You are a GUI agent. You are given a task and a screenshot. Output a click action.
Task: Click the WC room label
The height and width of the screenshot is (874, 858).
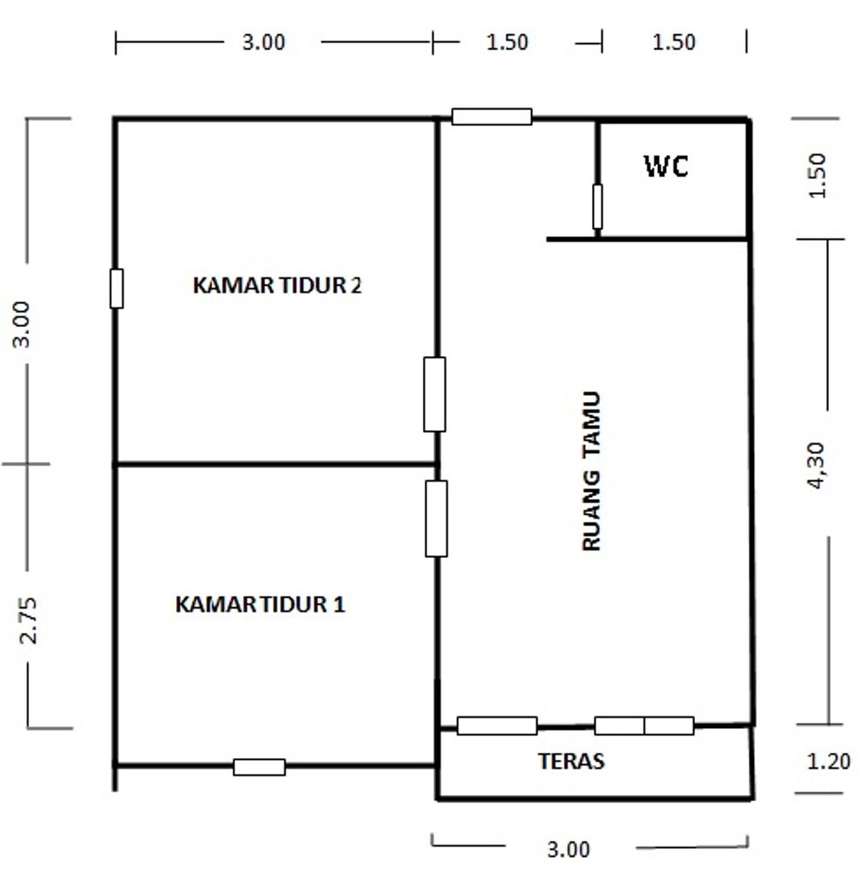pos(667,166)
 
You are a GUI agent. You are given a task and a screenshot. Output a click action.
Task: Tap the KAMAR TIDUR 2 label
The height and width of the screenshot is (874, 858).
pos(277,285)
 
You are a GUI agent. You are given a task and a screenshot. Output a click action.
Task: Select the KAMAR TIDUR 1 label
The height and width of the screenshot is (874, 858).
pos(260,604)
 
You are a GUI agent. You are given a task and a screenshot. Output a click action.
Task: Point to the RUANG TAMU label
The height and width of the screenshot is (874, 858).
pos(591,471)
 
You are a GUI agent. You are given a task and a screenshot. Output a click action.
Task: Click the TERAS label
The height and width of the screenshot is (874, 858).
pos(571,761)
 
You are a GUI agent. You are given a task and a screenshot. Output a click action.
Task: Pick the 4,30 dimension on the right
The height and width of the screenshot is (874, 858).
pos(815,465)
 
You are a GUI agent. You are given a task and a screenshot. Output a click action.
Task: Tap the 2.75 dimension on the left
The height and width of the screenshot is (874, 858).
pos(27,621)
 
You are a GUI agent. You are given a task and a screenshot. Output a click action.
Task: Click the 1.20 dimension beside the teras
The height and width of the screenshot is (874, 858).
pos(829,761)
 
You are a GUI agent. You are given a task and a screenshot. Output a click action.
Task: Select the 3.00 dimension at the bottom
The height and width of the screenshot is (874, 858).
pos(568,849)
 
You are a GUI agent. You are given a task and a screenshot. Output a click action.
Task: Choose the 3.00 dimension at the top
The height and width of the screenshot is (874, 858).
pos(263,42)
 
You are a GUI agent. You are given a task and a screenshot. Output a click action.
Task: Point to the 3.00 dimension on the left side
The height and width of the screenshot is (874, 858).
pos(21,325)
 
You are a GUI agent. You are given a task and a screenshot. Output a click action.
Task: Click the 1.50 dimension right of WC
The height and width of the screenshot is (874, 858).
pos(817,176)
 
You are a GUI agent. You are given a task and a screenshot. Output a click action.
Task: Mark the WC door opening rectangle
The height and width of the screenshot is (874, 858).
pos(597,207)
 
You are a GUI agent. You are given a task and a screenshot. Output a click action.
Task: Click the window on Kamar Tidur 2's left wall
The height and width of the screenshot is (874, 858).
pos(117,288)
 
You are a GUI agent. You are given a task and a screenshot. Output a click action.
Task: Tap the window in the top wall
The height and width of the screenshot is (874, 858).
pos(492,117)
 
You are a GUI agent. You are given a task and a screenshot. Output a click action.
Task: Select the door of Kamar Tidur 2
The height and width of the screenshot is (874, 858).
pos(434,395)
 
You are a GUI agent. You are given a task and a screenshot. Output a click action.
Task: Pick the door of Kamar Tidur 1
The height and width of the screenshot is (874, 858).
pos(436,519)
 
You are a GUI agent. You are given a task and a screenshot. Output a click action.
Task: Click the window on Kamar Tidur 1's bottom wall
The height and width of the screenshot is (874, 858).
pos(259,767)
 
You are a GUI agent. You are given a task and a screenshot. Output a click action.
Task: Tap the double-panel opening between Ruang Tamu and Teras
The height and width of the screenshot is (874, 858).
pos(644,725)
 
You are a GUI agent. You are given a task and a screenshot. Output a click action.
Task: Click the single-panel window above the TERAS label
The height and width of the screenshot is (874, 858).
pos(497,725)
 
